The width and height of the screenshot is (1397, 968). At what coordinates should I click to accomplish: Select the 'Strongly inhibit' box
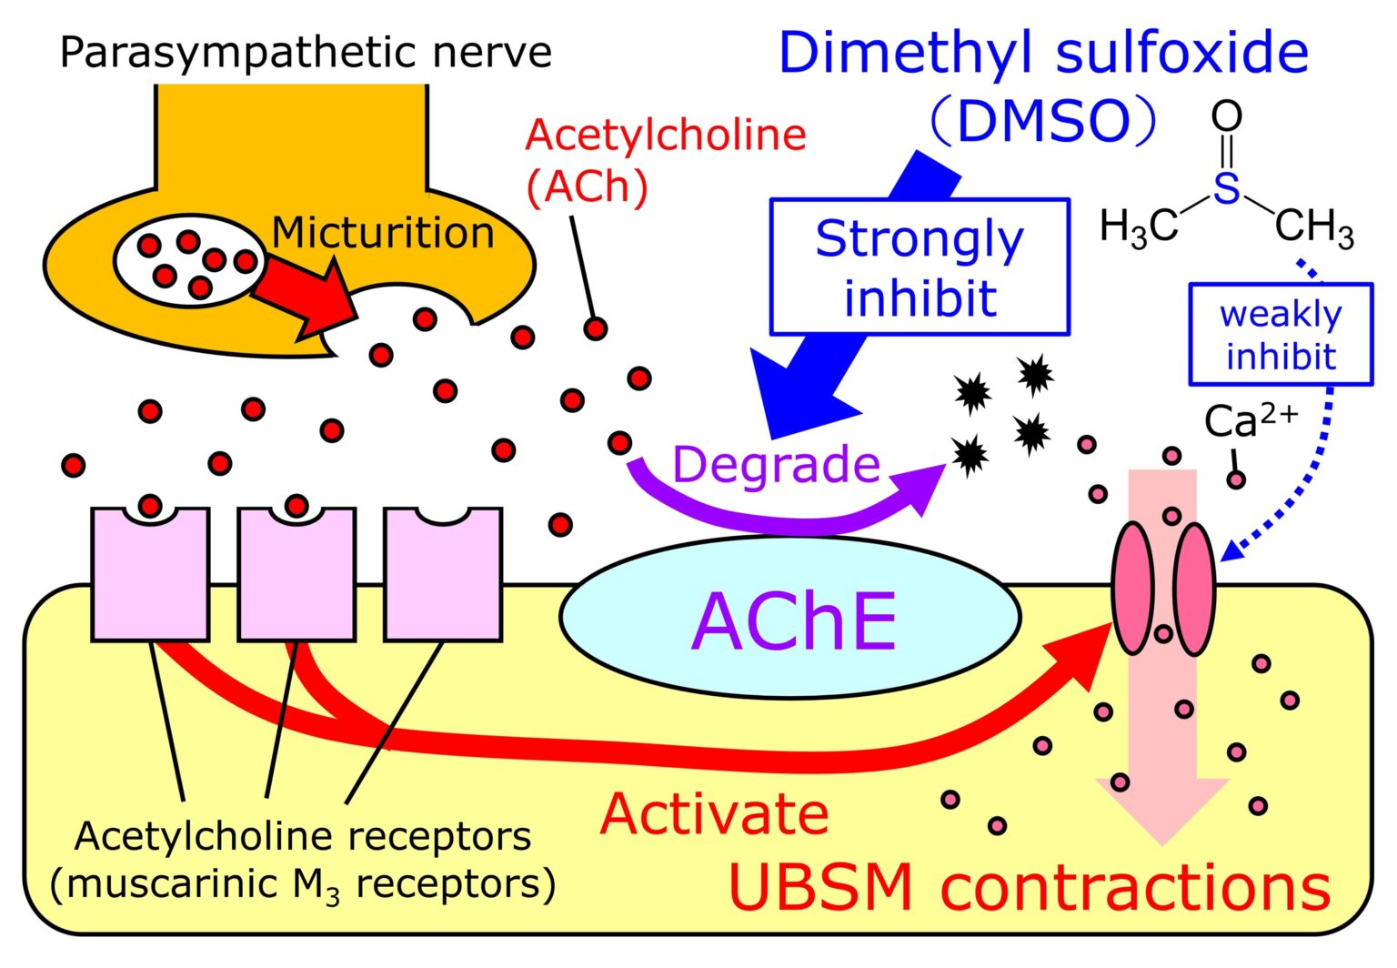920,267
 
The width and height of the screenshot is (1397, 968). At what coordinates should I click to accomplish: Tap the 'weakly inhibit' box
1281,335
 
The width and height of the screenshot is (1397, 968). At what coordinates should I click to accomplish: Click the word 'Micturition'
383,233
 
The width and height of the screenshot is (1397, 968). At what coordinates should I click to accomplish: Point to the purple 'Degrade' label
776,464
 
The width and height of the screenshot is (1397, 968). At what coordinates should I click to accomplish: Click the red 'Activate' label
714,813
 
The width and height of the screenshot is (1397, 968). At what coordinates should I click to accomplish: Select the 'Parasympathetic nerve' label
306,53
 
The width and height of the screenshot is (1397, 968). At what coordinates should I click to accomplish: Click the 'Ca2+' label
1251,421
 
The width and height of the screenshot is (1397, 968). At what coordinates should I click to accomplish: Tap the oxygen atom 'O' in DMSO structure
1226,116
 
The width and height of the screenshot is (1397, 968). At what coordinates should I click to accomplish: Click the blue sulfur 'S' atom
1226,188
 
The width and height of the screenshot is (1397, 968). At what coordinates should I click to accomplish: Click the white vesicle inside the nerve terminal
189,261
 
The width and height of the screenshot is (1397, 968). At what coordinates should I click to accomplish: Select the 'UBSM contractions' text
1030,888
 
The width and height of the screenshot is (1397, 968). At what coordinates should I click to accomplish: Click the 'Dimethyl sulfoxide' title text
1043,53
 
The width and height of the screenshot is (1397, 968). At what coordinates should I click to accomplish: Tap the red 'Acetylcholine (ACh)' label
665,161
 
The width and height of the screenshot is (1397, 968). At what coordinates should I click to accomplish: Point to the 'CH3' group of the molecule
1314,227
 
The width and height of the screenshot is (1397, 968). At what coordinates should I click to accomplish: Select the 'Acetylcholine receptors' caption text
303,836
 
